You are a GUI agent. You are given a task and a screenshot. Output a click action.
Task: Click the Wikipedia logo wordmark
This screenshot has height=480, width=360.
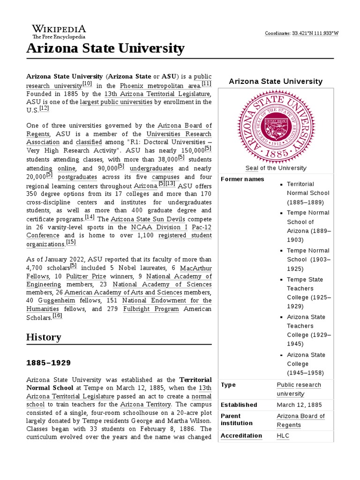tap(59, 29)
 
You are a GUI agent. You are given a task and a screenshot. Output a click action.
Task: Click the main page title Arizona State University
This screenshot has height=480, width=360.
tap(105, 48)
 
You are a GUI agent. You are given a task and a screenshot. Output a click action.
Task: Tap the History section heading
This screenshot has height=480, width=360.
tap(44, 337)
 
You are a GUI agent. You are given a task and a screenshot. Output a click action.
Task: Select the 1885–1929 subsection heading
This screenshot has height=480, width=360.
tap(48, 363)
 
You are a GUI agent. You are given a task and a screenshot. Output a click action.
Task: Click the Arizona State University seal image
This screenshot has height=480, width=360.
tap(276, 126)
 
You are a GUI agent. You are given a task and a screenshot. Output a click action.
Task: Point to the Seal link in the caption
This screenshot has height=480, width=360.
tap(252, 168)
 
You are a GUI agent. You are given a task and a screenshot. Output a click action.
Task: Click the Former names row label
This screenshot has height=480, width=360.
tap(242, 179)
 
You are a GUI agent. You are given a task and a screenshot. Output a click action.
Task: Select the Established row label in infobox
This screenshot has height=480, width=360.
tap(239, 405)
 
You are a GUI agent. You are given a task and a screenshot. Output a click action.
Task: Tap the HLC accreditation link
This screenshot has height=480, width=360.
tap(283, 435)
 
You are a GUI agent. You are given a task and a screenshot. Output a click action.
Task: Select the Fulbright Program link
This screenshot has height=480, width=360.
tap(151, 309)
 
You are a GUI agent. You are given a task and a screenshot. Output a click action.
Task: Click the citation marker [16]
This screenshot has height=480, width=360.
tap(57, 316)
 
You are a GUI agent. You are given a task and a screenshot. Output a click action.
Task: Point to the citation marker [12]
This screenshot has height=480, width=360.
tap(44, 108)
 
